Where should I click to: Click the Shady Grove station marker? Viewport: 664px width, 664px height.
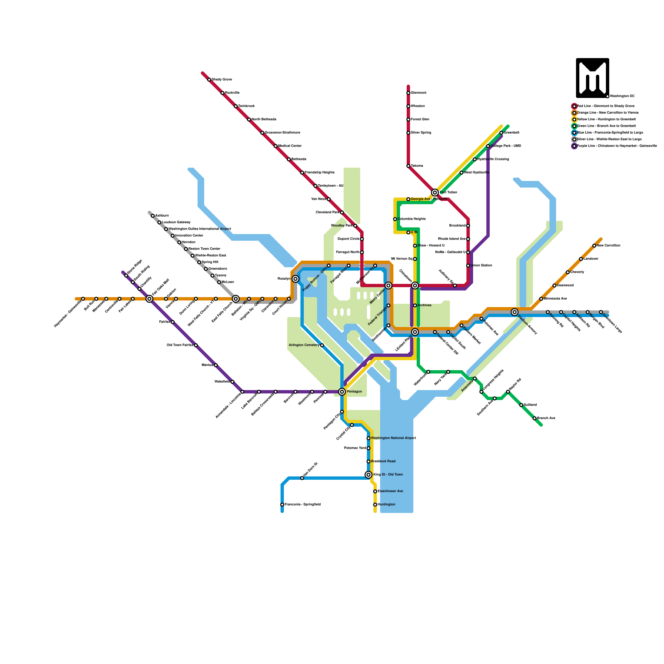pos(209,80)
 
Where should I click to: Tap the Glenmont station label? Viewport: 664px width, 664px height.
pos(418,93)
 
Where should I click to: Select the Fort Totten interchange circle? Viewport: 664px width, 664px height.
pos(435,193)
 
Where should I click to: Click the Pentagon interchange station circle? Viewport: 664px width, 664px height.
pos(342,392)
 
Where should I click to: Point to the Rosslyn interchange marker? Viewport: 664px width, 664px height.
pos(295,279)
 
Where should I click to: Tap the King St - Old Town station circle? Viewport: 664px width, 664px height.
pos(369,475)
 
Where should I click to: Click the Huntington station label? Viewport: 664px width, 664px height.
pos(386,505)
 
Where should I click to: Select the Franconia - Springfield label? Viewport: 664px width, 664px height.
pos(303,505)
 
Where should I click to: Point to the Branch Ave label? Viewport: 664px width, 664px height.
pos(546,418)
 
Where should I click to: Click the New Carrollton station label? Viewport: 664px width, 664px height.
pos(608,246)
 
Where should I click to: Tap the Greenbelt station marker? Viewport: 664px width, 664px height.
pos(501,133)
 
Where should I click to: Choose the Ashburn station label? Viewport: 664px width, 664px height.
pos(162,216)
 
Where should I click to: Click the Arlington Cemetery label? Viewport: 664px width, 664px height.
pos(304,345)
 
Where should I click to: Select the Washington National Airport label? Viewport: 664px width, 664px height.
pos(393,438)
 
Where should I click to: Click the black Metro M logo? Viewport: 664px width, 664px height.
pos(592,78)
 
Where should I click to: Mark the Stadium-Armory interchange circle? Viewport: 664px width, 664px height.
pos(515,312)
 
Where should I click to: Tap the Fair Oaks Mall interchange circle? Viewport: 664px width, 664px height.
pos(149,299)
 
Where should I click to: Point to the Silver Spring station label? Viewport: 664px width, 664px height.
pos(421,133)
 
